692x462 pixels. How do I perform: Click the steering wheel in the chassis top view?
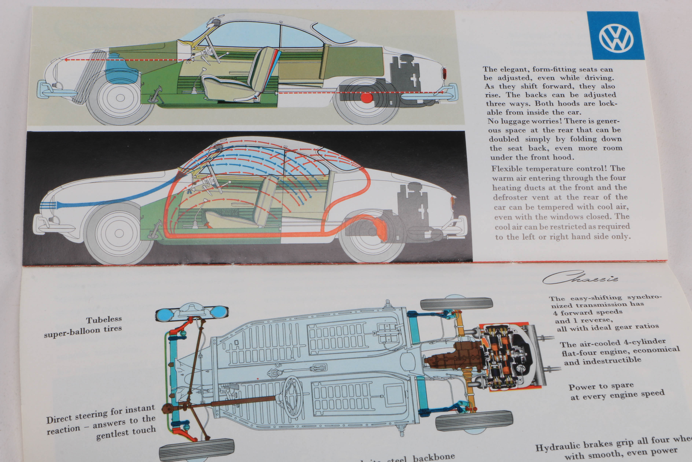tap(293, 396)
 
